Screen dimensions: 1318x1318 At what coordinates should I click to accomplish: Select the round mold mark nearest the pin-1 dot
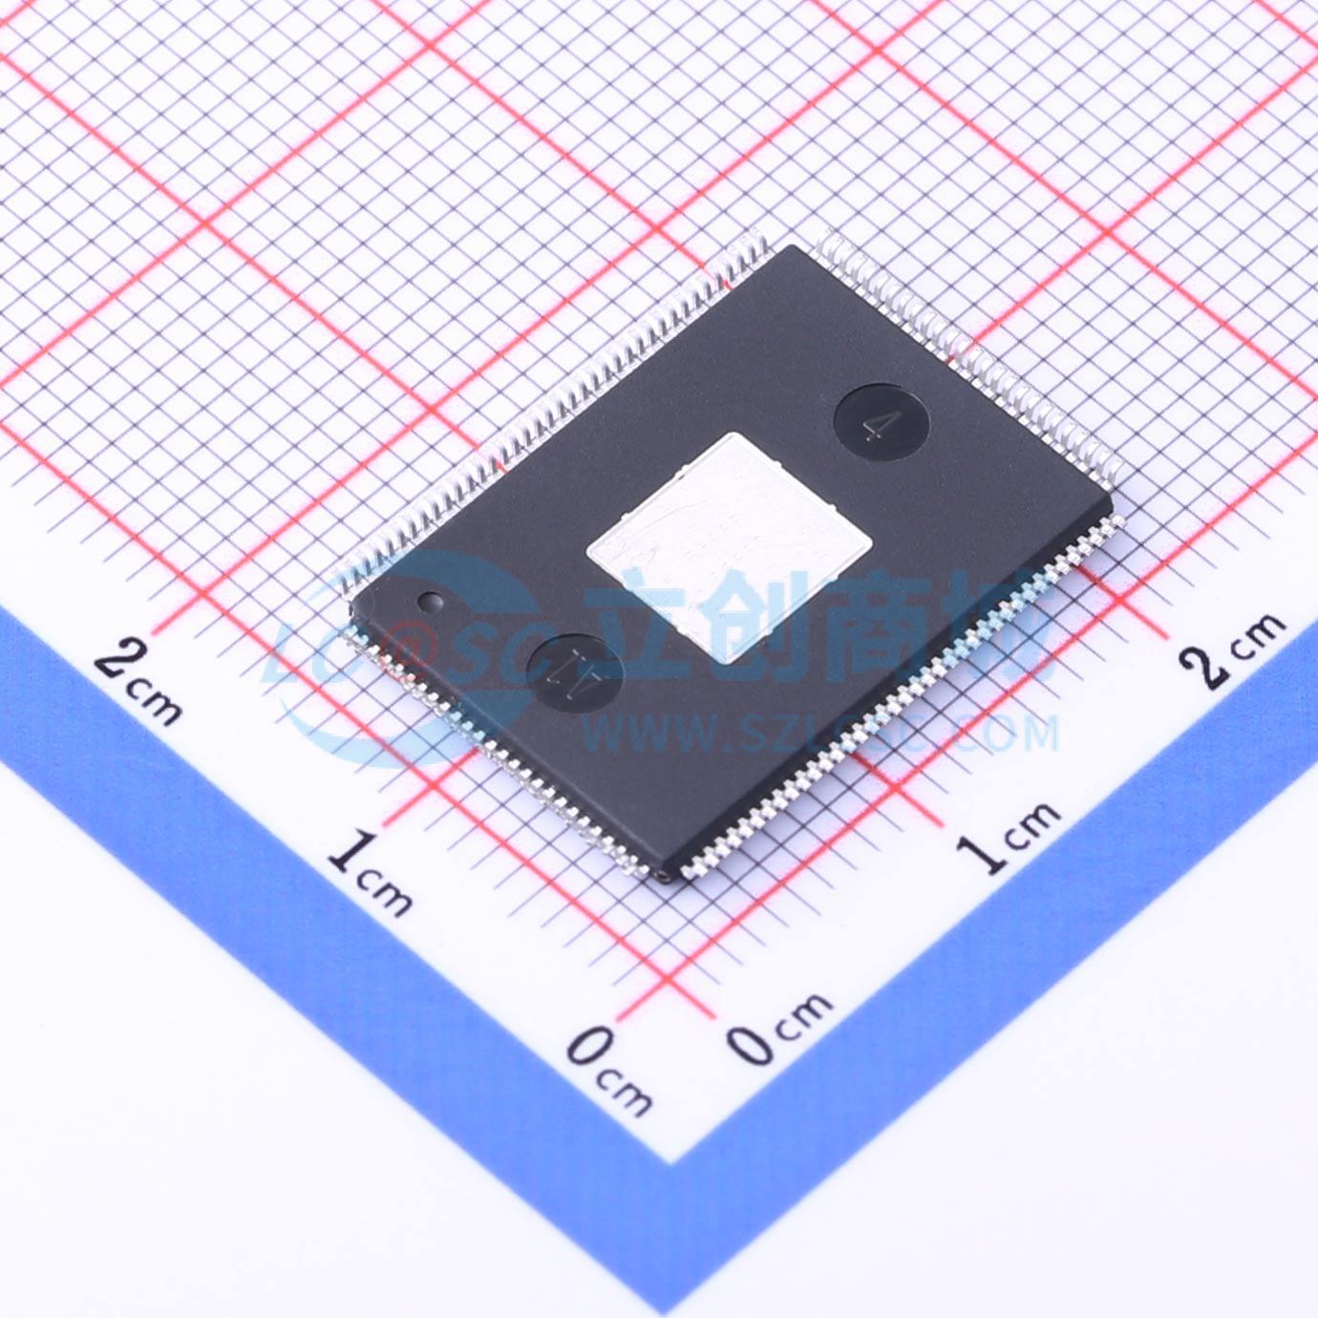tap(574, 667)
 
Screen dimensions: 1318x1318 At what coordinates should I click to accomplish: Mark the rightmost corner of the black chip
tap(1111, 494)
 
